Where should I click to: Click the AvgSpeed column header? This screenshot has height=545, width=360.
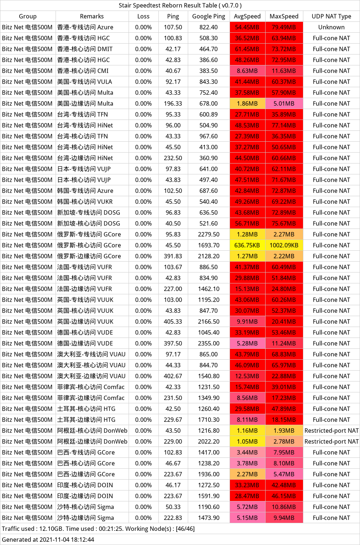click(x=247, y=16)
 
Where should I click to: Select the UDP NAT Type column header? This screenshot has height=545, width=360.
click(x=331, y=16)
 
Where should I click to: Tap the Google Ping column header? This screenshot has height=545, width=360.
click(x=209, y=16)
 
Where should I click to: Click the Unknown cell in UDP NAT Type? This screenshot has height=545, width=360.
click(x=331, y=27)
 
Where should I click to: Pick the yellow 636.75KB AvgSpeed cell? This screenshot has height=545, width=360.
click(x=247, y=245)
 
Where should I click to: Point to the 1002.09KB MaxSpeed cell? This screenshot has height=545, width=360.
click(x=284, y=245)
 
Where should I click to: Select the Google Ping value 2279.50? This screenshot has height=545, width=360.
click(x=209, y=234)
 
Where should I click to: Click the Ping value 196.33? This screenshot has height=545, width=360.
click(x=173, y=104)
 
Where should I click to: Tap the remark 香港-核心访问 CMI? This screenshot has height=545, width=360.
click(x=83, y=71)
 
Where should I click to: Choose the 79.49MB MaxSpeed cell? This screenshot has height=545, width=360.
click(x=284, y=27)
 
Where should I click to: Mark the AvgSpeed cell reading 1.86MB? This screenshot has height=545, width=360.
click(x=247, y=104)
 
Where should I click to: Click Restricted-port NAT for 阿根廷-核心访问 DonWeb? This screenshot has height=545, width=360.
click(x=331, y=431)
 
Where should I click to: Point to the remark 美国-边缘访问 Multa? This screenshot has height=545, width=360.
click(x=85, y=104)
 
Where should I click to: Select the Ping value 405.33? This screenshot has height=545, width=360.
click(x=173, y=322)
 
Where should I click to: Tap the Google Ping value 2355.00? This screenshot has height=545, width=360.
click(x=209, y=343)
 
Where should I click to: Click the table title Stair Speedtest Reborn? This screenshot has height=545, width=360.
click(x=180, y=5)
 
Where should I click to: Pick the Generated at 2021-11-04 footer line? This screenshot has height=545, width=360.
click(x=48, y=540)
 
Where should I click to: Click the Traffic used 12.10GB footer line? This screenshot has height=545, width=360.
click(x=98, y=529)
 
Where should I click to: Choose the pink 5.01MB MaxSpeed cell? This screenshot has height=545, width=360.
click(x=284, y=104)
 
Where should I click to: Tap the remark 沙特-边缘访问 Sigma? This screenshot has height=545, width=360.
click(x=85, y=518)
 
